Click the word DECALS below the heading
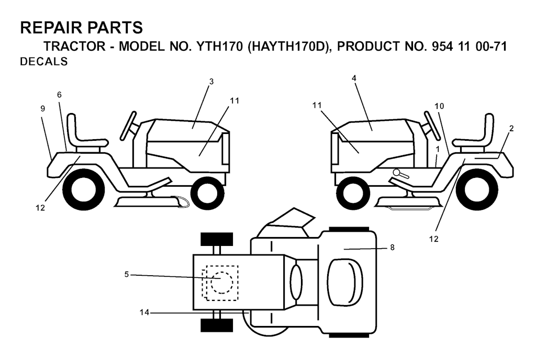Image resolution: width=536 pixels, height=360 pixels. click(43, 62)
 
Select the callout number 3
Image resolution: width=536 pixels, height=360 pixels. click(211, 81)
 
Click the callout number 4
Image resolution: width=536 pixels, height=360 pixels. click(354, 77)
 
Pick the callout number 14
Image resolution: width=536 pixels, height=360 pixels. click(144, 312)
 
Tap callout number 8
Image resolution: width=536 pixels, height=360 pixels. click(392, 248)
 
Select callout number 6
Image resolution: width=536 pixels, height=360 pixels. click(59, 95)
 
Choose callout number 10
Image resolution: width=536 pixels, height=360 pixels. click(439, 106)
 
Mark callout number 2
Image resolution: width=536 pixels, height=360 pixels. click(511, 128)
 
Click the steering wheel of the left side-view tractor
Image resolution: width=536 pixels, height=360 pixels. click(128, 126)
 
